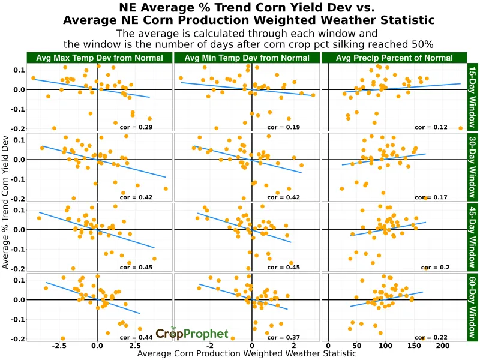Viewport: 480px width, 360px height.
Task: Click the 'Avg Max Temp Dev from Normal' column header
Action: tap(99, 58)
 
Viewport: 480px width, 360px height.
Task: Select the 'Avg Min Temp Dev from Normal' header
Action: tap(247, 58)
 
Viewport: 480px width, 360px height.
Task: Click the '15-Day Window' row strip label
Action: tap(472, 97)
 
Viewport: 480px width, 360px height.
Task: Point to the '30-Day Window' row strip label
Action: tap(472, 167)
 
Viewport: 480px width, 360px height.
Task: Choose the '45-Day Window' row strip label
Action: tap(472, 237)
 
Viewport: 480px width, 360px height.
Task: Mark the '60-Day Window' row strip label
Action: tap(472, 307)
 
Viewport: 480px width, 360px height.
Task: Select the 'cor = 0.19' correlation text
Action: tap(283, 127)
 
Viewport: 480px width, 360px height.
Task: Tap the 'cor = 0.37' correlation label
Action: tap(283, 338)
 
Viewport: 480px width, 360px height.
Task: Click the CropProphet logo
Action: tap(192, 334)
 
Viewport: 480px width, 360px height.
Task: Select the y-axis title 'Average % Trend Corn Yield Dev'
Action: tap(6, 201)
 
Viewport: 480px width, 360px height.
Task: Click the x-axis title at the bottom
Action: tap(247, 354)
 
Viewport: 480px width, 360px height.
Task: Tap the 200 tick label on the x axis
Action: tap(442, 347)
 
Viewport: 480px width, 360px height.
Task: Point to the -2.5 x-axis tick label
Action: tap(58, 347)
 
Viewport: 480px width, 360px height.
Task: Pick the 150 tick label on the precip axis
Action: tap(413, 347)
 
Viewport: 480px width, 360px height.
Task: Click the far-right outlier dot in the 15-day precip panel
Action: tap(460, 128)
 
